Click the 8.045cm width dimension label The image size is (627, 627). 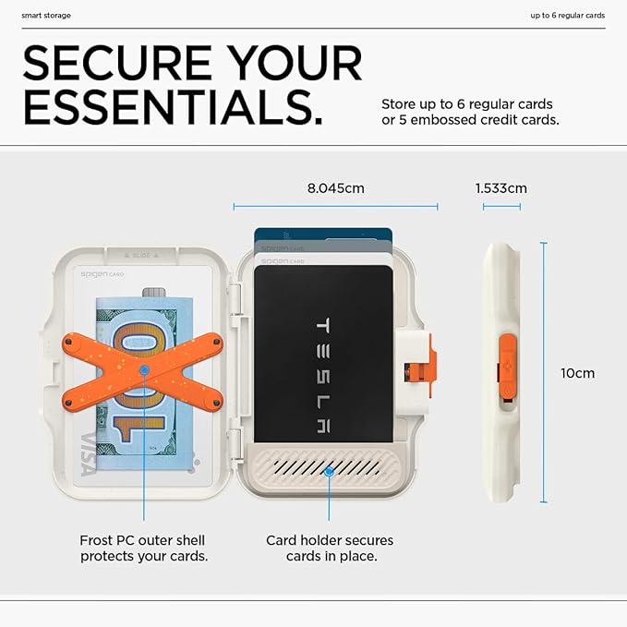pyautogui.click(x=335, y=188)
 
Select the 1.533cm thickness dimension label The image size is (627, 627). pyautogui.click(x=500, y=188)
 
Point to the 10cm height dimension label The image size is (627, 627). pyautogui.click(x=577, y=373)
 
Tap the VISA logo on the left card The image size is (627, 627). pyautogui.click(x=89, y=453)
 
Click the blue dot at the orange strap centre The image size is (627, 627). pyautogui.click(x=144, y=370)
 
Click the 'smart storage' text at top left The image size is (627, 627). pyautogui.click(x=46, y=16)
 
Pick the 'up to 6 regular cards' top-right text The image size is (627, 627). pyautogui.click(x=567, y=16)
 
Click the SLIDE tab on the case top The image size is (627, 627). pyautogui.click(x=144, y=253)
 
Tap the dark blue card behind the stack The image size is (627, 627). pyautogui.click(x=323, y=235)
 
